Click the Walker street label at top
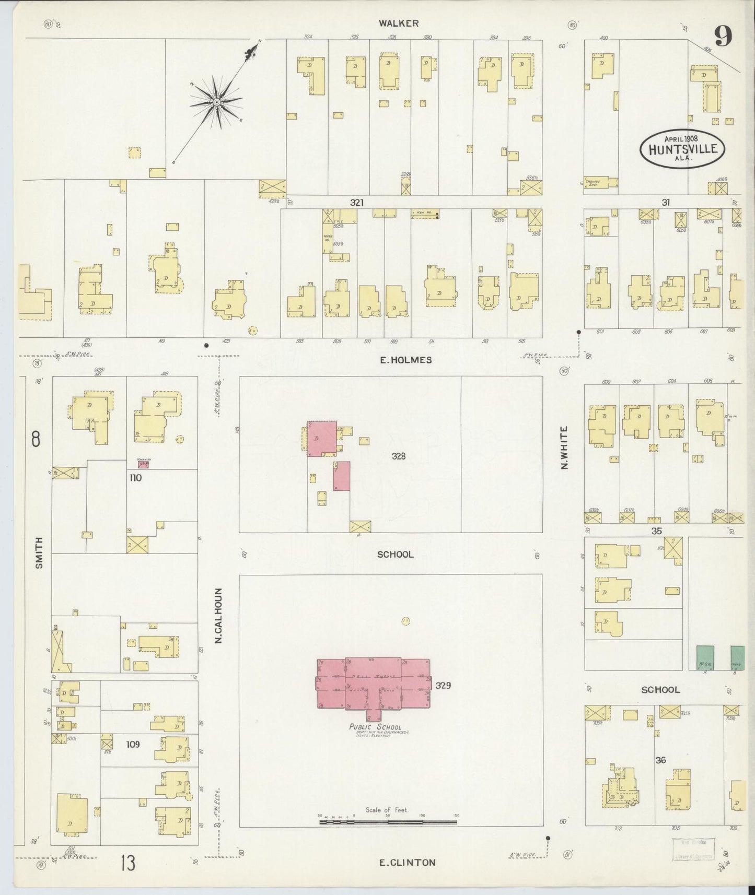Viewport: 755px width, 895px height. tap(399, 23)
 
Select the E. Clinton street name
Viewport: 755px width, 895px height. tap(407, 862)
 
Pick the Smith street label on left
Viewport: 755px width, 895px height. tap(39, 553)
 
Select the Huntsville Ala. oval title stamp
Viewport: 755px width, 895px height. tap(682, 148)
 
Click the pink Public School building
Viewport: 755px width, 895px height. tap(373, 682)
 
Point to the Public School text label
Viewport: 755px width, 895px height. tap(376, 727)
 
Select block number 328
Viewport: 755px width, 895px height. tap(399, 456)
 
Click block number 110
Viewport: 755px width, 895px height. tap(136, 477)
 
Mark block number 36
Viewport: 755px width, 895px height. tap(660, 761)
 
